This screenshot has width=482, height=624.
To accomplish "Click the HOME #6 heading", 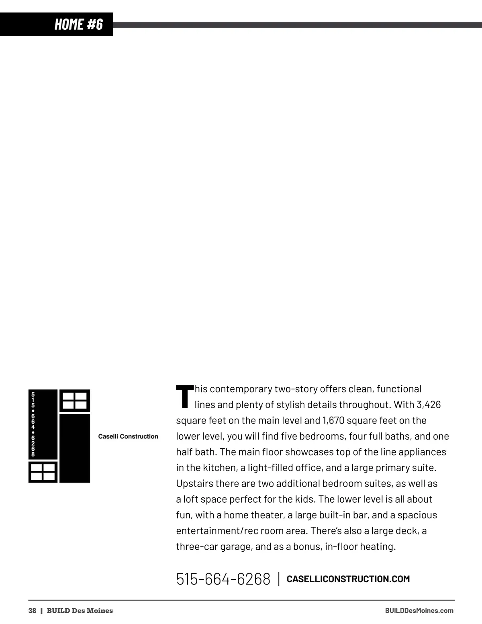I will pyautogui.click(x=79, y=24).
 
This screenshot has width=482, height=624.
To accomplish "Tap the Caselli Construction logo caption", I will pyautogui.click(x=128, y=436).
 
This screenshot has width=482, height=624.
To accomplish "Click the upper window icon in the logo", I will pyautogui.click(x=75, y=401).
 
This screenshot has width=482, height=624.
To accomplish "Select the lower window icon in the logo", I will pyautogui.click(x=43, y=472).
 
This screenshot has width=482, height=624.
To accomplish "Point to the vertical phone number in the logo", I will pyautogui.click(x=33, y=424).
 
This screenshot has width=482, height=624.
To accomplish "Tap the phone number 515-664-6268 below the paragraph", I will pyautogui.click(x=223, y=579).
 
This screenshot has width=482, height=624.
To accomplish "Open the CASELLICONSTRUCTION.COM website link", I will pyautogui.click(x=348, y=579).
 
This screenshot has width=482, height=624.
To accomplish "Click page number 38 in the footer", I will pyautogui.click(x=32, y=611).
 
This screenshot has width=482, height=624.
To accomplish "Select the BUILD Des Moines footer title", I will pyautogui.click(x=80, y=611).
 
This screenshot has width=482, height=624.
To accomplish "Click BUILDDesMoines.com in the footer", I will pyautogui.click(x=419, y=611).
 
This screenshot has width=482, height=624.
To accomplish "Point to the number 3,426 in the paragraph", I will pyautogui.click(x=429, y=405).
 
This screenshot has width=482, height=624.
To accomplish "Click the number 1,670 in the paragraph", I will pyautogui.click(x=333, y=420).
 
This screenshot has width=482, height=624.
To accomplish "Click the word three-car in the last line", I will pyautogui.click(x=196, y=546).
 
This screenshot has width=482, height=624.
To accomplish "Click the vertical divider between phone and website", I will pyautogui.click(x=279, y=579).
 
